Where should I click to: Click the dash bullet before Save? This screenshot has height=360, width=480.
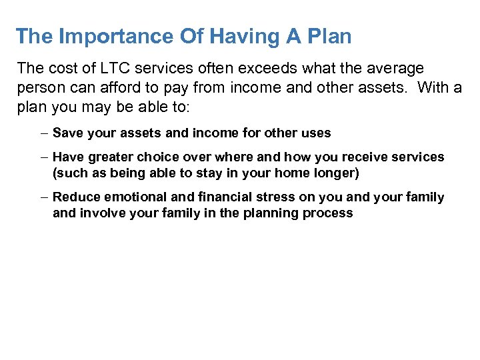click(43, 133)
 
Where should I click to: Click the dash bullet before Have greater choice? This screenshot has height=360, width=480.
click(43, 157)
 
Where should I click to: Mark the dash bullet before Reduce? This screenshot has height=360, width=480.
click(43, 197)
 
